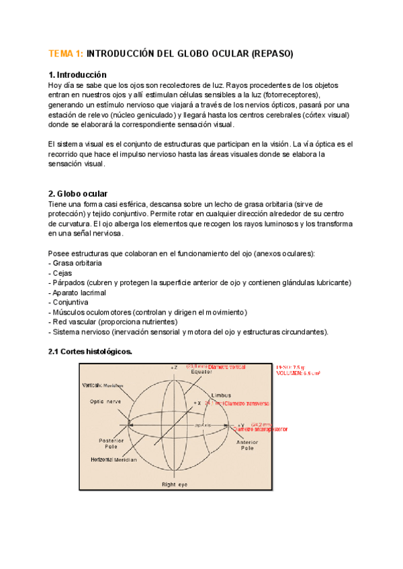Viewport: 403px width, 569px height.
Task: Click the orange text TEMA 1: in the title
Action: click(66, 53)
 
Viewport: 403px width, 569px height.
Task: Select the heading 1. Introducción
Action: click(77, 74)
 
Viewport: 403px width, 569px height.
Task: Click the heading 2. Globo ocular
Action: click(79, 194)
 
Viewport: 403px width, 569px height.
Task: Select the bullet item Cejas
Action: click(62, 273)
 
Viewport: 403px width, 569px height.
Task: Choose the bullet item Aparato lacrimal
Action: click(79, 293)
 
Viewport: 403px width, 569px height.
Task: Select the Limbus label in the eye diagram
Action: click(221, 395)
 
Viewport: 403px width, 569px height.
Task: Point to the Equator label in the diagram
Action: click(201, 372)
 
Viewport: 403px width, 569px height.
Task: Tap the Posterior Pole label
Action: click(110, 443)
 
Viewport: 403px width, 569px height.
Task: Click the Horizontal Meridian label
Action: click(114, 460)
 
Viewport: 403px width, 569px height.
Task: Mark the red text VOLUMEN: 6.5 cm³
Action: click(298, 373)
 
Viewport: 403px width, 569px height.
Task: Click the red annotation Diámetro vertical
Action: click(227, 368)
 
